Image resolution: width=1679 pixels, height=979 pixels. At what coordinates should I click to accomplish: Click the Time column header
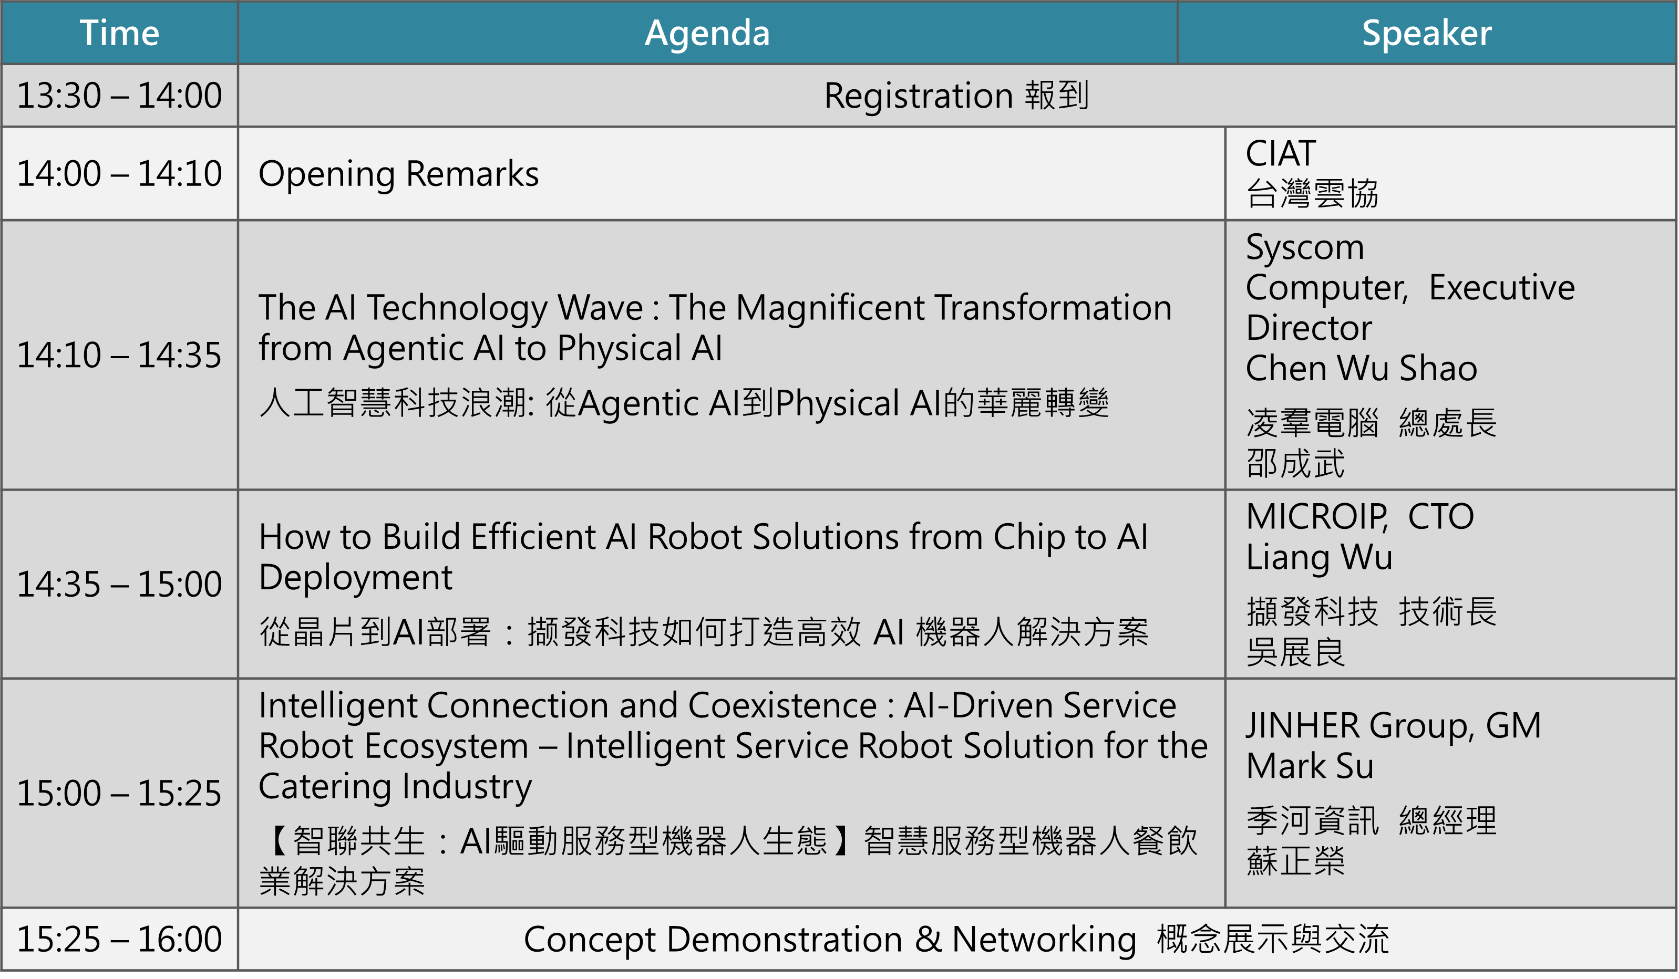(119, 33)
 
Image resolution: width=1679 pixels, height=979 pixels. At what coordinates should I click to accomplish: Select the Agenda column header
(707, 33)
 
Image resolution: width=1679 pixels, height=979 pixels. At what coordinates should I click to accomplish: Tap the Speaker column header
(1426, 33)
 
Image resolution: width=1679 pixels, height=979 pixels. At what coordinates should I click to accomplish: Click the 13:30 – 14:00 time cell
(119, 95)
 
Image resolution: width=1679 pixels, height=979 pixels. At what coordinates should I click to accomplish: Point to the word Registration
(918, 95)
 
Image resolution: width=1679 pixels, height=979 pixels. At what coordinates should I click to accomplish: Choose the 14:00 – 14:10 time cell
(119, 174)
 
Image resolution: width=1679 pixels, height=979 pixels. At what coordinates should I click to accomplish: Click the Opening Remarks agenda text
(398, 174)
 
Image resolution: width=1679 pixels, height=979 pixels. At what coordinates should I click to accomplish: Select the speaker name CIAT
(1281, 154)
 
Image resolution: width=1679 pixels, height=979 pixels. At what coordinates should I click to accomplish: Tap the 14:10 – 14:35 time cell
(119, 355)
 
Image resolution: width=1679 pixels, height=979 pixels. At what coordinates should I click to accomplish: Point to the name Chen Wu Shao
(1361, 368)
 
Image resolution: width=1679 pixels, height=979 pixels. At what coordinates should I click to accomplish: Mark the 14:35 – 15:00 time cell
(119, 584)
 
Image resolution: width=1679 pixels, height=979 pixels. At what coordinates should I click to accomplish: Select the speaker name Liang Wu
(1319, 557)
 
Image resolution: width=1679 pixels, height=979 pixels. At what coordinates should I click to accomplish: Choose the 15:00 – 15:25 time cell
(119, 793)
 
